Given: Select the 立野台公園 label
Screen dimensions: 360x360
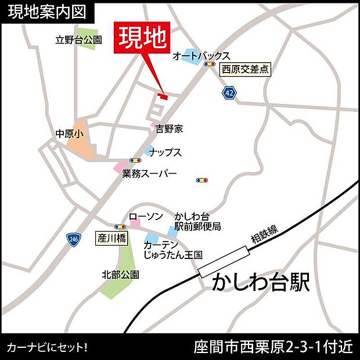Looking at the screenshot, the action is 78,41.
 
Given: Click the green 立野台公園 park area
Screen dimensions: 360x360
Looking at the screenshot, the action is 87,38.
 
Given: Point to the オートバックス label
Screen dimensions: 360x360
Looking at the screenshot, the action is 201,56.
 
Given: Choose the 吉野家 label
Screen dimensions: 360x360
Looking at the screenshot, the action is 169,129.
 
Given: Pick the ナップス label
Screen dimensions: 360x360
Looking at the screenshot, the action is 165,152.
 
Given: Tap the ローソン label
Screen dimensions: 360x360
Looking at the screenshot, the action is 146,217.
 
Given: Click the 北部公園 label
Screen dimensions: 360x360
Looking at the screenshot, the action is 120,274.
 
